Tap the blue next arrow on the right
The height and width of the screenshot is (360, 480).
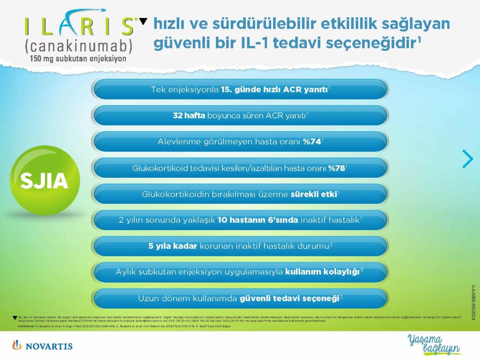[467, 159]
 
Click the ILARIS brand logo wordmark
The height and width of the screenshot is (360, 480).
[80, 26]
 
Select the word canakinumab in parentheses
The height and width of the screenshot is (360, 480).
[78, 46]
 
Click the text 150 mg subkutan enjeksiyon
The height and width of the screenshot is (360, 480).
[78, 58]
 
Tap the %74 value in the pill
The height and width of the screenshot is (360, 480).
[312, 142]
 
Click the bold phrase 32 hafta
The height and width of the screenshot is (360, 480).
[189, 116]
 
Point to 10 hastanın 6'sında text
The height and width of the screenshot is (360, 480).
[258, 220]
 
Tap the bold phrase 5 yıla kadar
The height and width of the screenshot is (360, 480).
[173, 246]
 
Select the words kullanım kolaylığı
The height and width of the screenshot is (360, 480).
[322, 272]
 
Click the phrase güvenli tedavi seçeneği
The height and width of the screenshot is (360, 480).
[289, 298]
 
